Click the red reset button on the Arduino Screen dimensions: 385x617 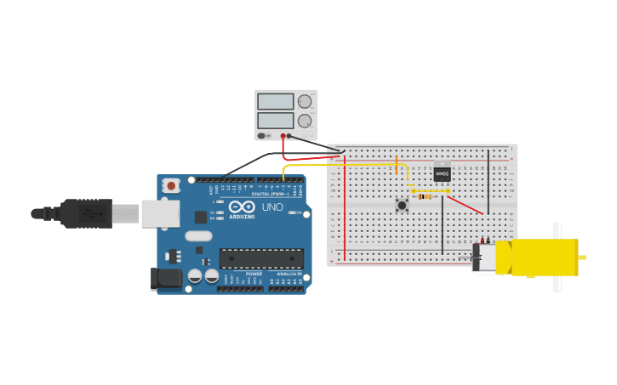171,185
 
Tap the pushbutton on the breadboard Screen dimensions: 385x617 402,205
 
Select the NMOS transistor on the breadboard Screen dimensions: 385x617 442,173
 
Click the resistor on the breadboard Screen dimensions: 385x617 426,196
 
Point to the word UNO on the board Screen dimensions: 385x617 272,207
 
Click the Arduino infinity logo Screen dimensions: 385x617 242,207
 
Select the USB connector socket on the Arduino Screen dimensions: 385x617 160,213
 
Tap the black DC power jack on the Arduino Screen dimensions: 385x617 166,279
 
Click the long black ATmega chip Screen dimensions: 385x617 261,258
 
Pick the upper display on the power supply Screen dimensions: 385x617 275,102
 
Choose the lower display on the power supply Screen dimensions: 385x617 275,121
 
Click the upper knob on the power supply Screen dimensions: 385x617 305,102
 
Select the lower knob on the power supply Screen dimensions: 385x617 305,121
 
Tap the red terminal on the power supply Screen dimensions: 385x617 283,136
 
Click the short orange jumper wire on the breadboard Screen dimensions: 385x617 397,165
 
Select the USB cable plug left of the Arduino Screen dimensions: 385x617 85,213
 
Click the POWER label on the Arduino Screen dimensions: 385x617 254,274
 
